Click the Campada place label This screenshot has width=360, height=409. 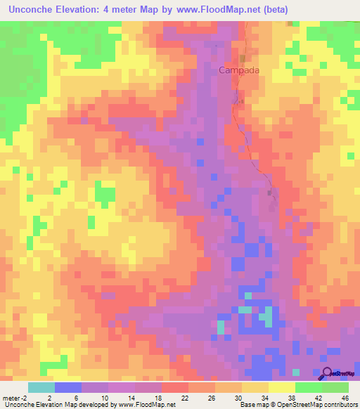[x=238, y=70]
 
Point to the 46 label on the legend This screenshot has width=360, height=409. [x=345, y=398]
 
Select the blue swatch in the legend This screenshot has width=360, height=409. [x=67, y=387]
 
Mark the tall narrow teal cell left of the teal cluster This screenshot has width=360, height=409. [x=221, y=327]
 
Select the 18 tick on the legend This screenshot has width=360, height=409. [x=159, y=398]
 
